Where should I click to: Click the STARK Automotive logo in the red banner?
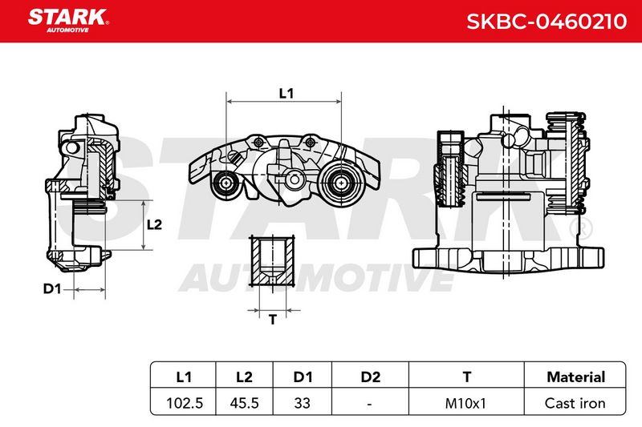click(x=68, y=21)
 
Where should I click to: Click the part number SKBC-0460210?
click(x=547, y=22)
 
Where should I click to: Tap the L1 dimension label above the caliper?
click(x=286, y=94)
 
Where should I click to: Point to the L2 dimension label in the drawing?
click(x=154, y=224)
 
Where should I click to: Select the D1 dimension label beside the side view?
click(x=52, y=289)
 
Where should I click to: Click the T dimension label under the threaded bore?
click(x=273, y=319)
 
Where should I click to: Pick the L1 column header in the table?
click(x=184, y=377)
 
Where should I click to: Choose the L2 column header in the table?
click(x=245, y=377)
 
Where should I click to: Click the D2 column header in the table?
click(x=370, y=377)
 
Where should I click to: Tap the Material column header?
click(x=575, y=377)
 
